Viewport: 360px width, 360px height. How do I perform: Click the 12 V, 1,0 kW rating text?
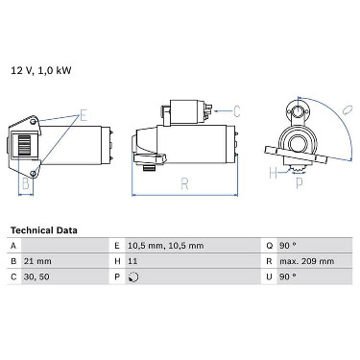[41, 70]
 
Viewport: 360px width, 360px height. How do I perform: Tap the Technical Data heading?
[44, 230]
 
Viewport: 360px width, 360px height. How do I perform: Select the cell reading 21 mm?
[37, 261]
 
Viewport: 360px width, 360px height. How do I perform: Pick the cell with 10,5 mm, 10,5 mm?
[166, 246]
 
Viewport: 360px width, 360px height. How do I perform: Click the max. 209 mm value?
[307, 261]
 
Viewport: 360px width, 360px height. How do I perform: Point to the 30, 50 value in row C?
[36, 276]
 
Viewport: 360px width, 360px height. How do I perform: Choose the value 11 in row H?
[132, 261]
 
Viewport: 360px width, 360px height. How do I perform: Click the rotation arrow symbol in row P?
[133, 276]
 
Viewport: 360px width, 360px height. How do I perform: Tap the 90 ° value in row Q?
[288, 246]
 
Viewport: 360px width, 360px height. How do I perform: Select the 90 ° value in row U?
[288, 276]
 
